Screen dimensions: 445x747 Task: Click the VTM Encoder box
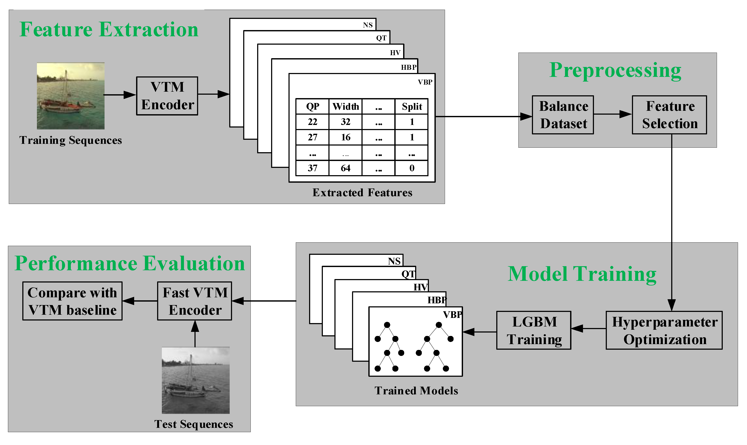167,96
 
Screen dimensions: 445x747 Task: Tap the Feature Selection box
669,115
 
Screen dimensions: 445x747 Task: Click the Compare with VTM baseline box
72,301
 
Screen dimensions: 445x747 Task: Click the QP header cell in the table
312,106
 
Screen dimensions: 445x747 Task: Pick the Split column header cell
411,106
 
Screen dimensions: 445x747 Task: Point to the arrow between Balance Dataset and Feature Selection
612,114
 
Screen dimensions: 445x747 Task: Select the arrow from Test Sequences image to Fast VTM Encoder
195,333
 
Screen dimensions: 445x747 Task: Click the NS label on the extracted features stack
367,25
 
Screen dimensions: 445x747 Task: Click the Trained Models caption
416,391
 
